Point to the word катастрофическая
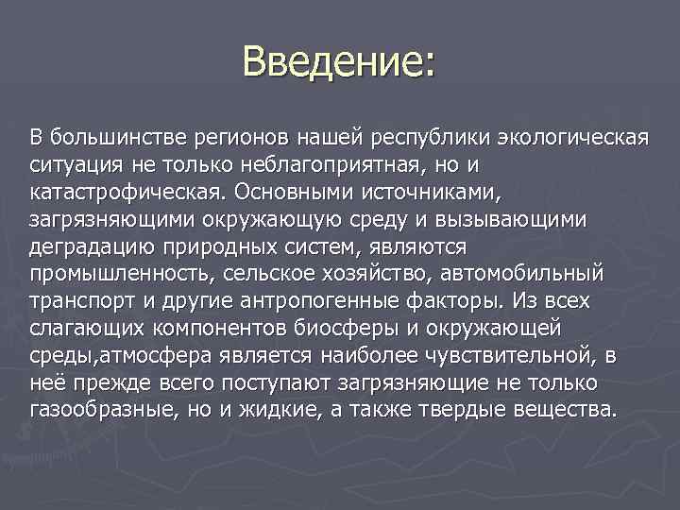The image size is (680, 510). click(x=118, y=193)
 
